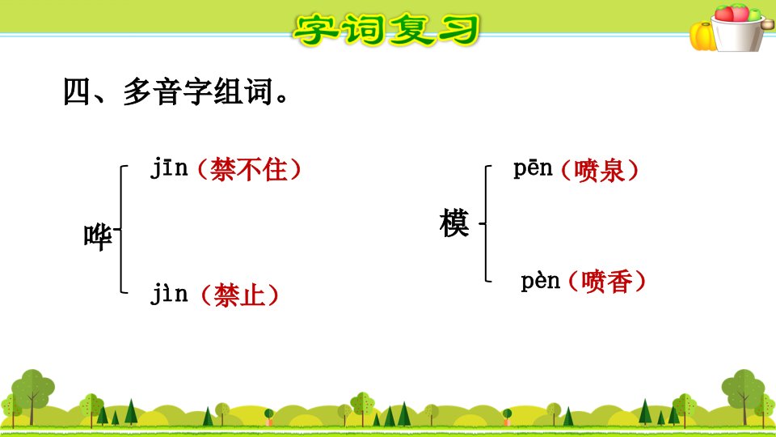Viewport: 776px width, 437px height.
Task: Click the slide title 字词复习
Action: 386,30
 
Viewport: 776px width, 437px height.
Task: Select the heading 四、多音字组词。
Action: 175,91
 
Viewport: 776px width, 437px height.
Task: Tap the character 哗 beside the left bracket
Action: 98,237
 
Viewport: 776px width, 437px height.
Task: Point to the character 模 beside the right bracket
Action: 453,223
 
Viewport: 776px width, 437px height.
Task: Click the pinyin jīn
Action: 169,167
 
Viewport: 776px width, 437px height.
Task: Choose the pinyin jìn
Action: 169,293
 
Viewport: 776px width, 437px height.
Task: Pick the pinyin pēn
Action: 533,169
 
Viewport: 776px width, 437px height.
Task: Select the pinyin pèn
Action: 541,282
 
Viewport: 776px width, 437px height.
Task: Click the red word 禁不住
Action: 249,169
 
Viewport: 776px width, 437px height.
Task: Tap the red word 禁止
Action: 239,295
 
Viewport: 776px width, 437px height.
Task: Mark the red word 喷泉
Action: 599,171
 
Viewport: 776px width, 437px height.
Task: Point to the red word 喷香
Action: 607,282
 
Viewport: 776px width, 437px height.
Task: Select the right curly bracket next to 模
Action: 486,223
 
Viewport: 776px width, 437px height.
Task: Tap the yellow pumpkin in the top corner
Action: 702,36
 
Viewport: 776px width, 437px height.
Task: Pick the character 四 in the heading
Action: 77,92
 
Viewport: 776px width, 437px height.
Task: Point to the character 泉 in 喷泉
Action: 612,171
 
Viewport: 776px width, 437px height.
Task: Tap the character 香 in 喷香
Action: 620,282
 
